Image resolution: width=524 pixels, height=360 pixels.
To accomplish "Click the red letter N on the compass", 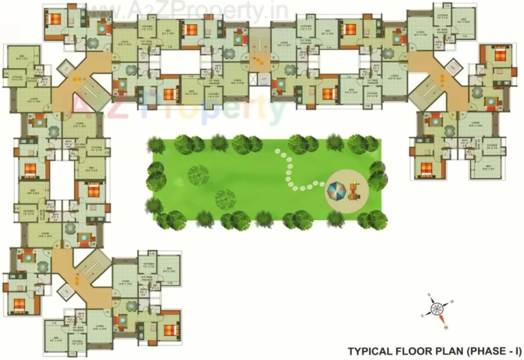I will pyautogui.click(x=446, y=327).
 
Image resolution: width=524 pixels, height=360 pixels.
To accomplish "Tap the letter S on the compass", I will pyautogui.click(x=429, y=295).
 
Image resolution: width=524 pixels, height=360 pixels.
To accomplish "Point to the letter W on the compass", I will pyautogui.click(x=452, y=303).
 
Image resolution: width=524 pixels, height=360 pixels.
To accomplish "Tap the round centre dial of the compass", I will pyautogui.click(x=437, y=308).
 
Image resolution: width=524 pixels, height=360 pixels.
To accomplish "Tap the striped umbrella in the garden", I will pyautogui.click(x=337, y=191).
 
